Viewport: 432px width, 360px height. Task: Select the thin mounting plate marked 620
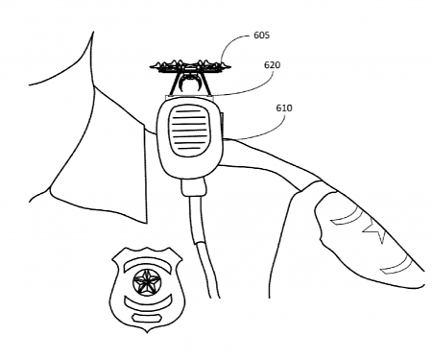(189, 96)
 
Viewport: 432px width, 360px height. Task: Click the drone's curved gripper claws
(188, 86)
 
